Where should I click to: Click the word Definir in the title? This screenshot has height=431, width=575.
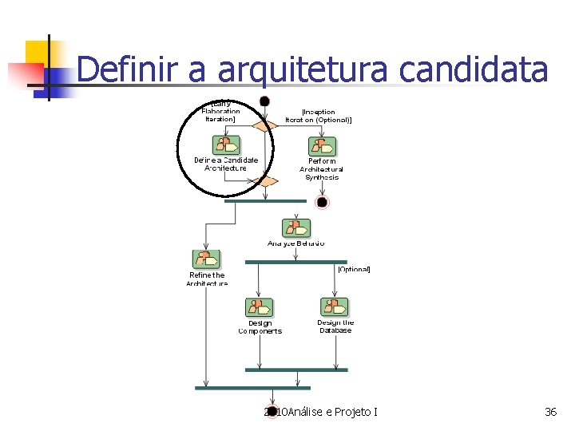(128, 70)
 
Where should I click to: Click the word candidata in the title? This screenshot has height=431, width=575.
(473, 70)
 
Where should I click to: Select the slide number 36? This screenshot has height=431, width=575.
(550, 412)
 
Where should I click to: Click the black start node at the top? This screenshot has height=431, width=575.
(264, 101)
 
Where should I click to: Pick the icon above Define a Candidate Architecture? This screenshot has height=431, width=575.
(226, 145)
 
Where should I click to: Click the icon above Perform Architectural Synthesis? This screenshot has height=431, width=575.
(322, 147)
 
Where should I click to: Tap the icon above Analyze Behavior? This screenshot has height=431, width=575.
(296, 227)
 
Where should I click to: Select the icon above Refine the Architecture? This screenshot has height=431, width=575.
(206, 259)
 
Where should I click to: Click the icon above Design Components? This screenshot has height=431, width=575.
(259, 308)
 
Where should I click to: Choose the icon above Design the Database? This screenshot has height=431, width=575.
(335, 307)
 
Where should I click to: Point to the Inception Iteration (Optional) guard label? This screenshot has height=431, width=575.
(318, 116)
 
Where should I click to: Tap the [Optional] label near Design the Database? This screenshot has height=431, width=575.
(354, 270)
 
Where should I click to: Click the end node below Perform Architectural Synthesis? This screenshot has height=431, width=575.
(322, 202)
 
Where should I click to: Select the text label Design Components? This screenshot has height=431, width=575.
(260, 327)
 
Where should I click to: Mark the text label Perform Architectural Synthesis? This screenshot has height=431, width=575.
(321, 169)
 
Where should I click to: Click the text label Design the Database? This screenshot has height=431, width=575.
(335, 326)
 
